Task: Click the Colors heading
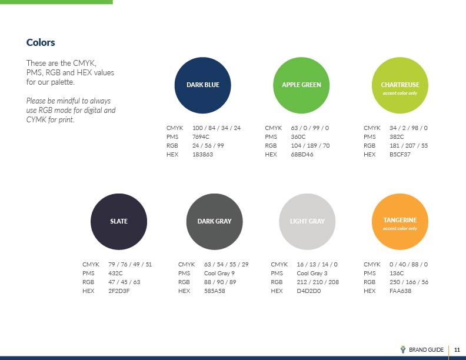41,42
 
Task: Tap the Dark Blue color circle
202,85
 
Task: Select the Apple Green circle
301,85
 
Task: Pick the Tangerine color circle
400,222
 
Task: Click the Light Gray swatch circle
307,222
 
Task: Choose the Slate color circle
119,222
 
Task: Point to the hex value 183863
202,155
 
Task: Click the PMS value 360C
298,137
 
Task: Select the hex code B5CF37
400,155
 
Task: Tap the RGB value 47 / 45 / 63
124,282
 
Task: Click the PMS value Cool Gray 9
219,274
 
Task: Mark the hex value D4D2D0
309,291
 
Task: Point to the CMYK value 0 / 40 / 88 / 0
409,264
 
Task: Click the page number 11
457,349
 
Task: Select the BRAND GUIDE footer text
426,349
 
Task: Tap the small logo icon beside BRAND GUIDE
403,349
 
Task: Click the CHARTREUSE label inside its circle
400,85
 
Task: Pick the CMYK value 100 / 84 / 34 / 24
217,128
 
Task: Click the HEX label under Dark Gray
184,291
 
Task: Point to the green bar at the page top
56,2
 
